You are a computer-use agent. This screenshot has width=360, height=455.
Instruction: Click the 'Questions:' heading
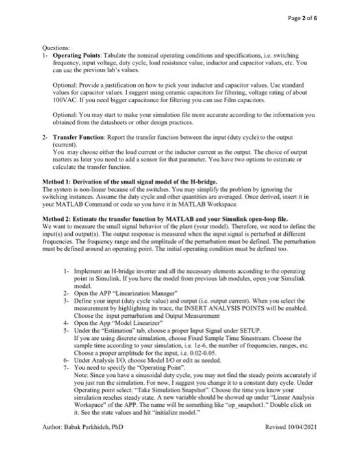pos(47,55)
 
